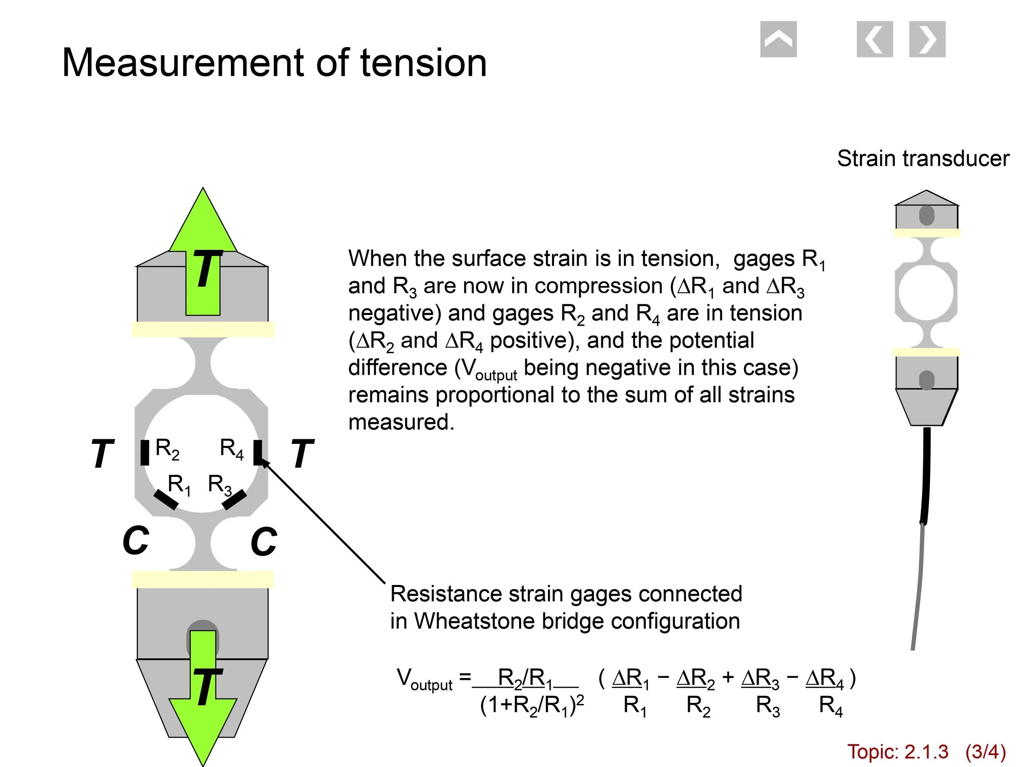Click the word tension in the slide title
point(423,63)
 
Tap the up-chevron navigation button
point(778,39)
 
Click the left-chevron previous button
point(874,39)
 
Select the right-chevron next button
point(927,39)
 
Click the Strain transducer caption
point(923,159)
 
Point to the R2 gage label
point(167,449)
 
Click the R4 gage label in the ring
point(231,449)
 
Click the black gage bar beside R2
point(145,452)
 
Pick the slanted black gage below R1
point(166,500)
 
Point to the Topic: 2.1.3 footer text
point(897,751)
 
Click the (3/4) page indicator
point(985,751)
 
